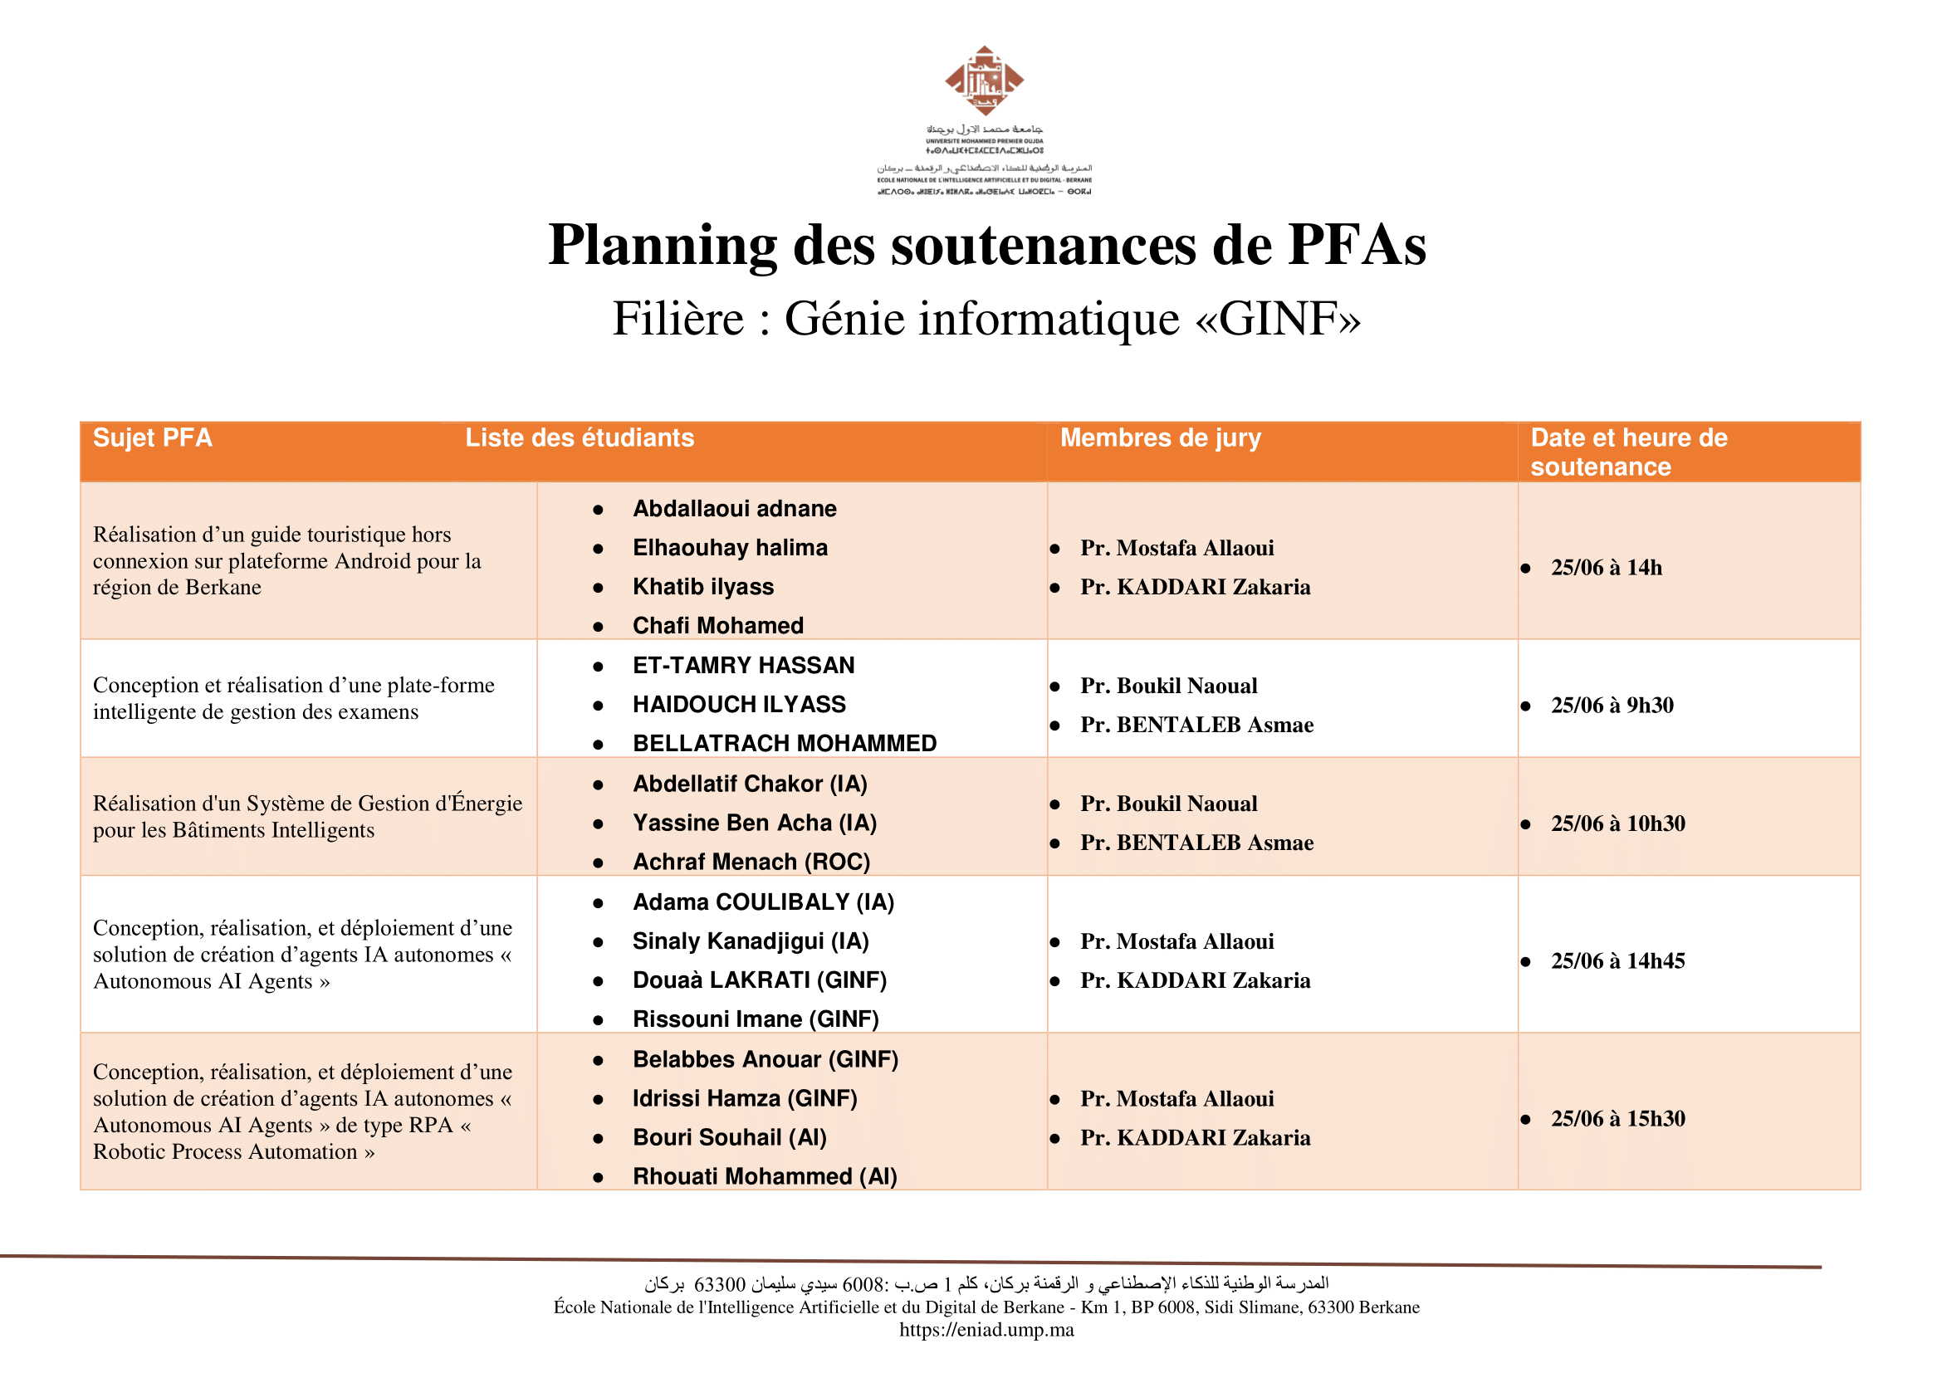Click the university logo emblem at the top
click(x=984, y=81)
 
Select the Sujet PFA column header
click(x=152, y=438)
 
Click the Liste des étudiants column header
click(x=580, y=438)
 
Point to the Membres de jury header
click(x=1161, y=438)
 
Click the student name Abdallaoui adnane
click(x=734, y=509)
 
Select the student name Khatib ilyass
click(x=703, y=587)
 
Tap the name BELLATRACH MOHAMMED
click(x=784, y=743)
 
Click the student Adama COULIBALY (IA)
click(x=763, y=902)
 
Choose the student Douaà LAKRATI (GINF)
click(x=760, y=980)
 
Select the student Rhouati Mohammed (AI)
click(x=765, y=1176)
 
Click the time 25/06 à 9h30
click(x=1612, y=705)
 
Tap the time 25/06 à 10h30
click(x=1617, y=823)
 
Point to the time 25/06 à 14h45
click(x=1617, y=960)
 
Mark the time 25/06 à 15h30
click(x=1617, y=1118)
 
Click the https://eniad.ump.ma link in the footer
click(x=986, y=1330)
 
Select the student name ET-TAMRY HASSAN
click(x=743, y=666)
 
